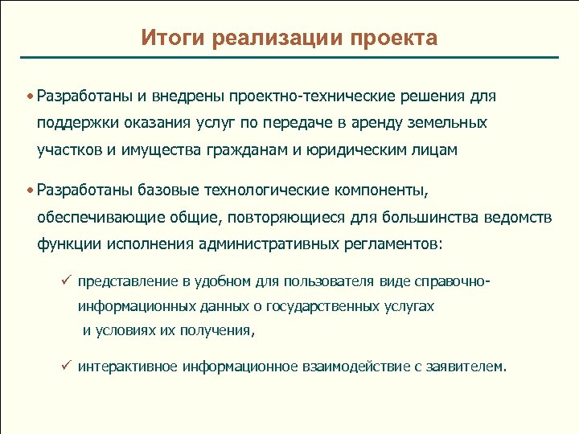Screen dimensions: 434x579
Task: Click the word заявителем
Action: point(468,367)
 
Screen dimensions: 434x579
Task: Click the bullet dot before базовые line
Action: point(29,190)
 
